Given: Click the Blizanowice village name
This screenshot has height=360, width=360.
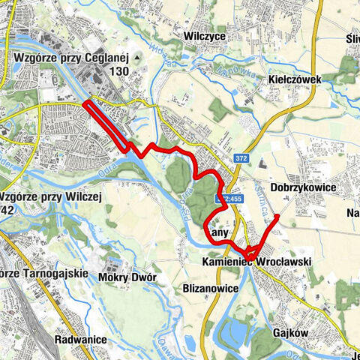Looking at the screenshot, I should coord(210,288).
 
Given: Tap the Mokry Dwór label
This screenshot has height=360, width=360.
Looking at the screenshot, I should coord(127,277).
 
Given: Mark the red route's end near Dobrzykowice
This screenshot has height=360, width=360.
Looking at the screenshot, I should coord(277,216).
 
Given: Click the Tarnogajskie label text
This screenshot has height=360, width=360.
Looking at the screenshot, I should coord(45,273).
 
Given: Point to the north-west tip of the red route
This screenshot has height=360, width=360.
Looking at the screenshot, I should coord(86,103).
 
